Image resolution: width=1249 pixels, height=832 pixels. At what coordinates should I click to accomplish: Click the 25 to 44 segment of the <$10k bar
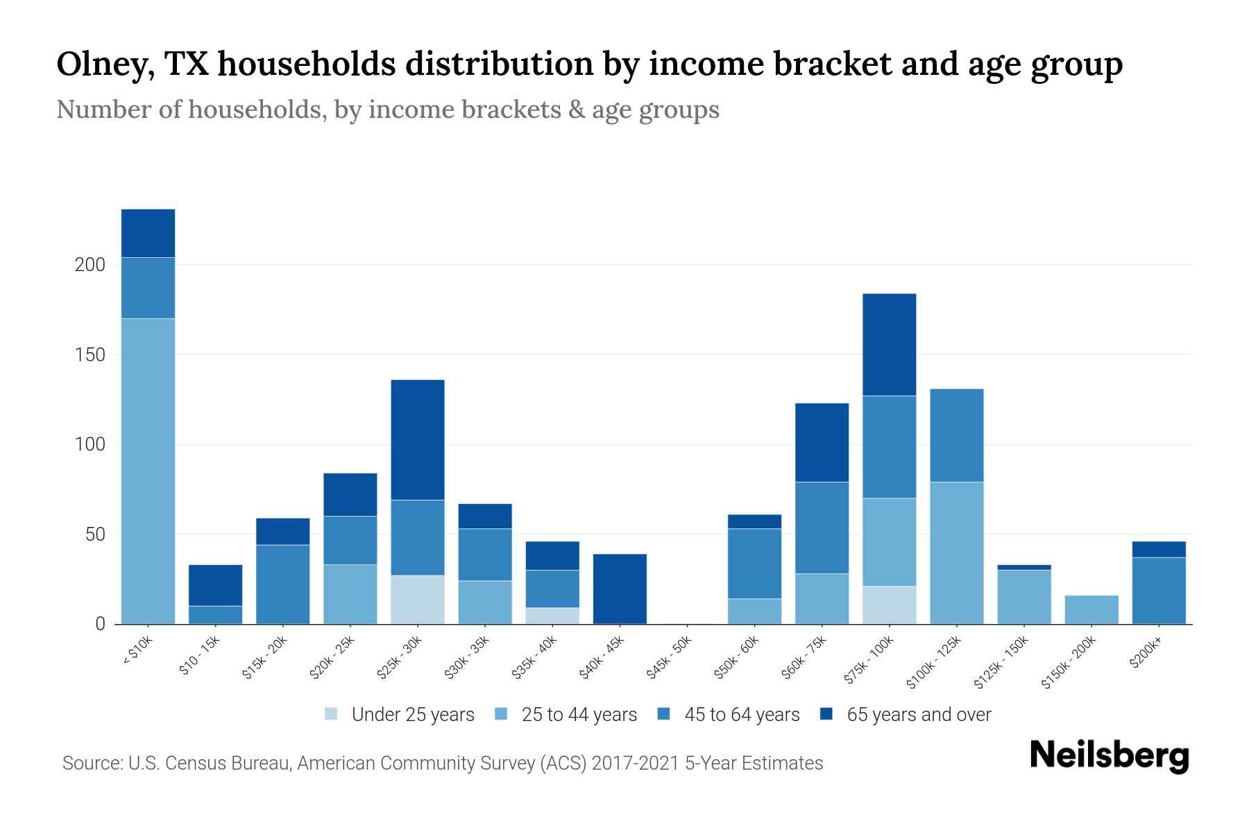[x=148, y=471]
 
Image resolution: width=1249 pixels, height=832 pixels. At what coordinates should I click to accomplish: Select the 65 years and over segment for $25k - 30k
[x=418, y=440]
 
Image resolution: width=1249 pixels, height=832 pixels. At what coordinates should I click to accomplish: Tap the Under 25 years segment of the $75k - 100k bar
[x=889, y=605]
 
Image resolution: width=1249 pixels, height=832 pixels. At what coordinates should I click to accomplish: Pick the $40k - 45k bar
[x=620, y=589]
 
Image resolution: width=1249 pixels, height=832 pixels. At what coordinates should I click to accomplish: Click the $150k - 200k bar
[x=1091, y=609]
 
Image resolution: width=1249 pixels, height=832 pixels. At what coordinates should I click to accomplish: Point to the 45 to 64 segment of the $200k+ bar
[x=1159, y=591]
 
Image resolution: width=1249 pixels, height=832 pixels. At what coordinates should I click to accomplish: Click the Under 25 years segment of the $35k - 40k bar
[x=552, y=616]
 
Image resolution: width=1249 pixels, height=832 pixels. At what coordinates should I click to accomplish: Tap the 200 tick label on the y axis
[x=90, y=265]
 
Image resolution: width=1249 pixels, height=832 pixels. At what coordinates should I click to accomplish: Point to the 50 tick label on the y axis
[x=95, y=535]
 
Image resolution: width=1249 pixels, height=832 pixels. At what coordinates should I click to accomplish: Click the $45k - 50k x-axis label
[x=669, y=658]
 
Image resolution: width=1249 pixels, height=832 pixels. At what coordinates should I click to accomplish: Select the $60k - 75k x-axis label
[x=804, y=658]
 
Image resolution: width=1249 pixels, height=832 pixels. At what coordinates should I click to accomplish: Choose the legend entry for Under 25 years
[x=412, y=715]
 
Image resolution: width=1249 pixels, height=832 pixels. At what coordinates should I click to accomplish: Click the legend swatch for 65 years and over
[x=826, y=714]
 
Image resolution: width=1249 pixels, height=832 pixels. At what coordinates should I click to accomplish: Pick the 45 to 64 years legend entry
[x=741, y=715]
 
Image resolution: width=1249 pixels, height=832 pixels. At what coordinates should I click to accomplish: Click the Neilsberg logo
[x=1109, y=756]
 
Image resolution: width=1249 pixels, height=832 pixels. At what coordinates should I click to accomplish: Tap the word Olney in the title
[x=104, y=64]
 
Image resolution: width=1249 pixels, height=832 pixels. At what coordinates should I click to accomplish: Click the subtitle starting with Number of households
[x=387, y=110]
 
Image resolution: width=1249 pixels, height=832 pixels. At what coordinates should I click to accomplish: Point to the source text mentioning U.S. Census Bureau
[x=443, y=763]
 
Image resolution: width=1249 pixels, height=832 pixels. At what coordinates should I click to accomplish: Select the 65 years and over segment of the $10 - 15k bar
[x=215, y=585]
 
